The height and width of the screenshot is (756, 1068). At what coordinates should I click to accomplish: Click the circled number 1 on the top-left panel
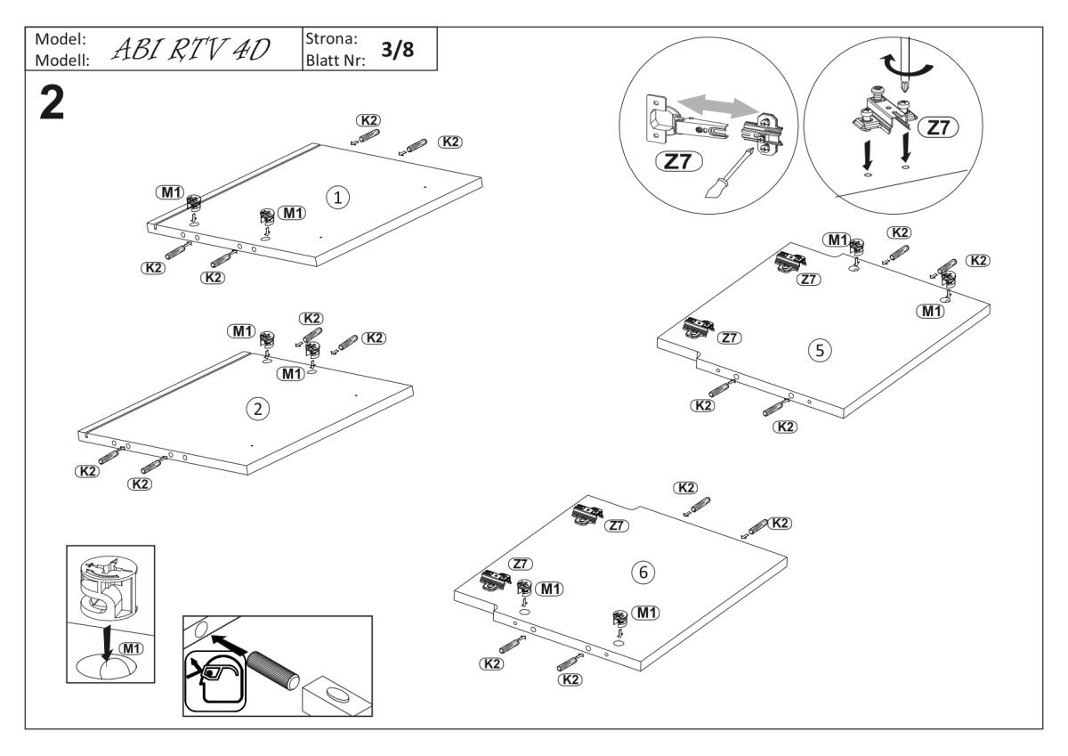click(336, 198)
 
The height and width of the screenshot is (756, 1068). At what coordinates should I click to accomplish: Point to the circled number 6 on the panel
click(640, 573)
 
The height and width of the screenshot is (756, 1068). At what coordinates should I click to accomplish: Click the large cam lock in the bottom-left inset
click(109, 588)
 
